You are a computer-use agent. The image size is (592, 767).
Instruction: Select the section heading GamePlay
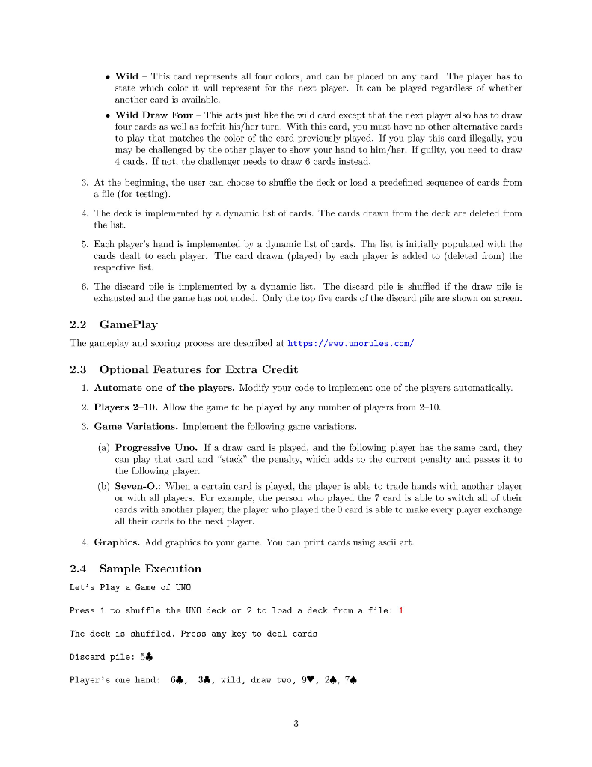pos(128,324)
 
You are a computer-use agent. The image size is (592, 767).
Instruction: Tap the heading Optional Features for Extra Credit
pos(198,369)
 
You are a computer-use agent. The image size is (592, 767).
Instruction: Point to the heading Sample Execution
pos(150,569)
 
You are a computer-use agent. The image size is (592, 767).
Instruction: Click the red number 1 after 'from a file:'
pos(401,610)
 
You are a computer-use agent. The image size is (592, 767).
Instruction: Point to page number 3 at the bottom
pos(296,723)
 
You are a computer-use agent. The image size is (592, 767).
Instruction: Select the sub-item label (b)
pos(105,486)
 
